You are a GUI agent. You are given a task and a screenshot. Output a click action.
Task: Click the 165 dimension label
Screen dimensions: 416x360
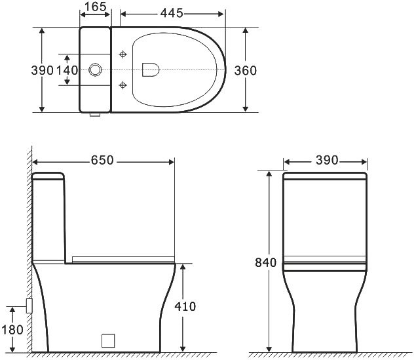click(96, 7)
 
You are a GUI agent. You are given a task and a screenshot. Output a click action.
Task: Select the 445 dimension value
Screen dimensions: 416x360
click(172, 13)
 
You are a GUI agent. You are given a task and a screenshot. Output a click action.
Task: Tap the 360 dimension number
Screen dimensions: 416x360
click(246, 71)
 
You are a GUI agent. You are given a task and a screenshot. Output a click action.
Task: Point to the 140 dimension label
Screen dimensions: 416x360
click(67, 71)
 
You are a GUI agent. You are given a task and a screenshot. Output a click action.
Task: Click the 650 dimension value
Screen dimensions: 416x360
click(102, 160)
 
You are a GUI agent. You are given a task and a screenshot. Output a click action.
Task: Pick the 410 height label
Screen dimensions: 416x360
click(185, 306)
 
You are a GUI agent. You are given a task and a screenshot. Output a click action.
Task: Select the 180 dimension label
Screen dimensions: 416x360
click(12, 330)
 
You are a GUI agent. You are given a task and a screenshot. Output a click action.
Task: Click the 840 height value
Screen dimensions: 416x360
click(265, 262)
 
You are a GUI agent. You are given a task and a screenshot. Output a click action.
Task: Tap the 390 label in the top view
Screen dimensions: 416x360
click(42, 71)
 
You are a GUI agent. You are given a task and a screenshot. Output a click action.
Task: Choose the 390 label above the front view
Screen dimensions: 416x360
click(327, 160)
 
